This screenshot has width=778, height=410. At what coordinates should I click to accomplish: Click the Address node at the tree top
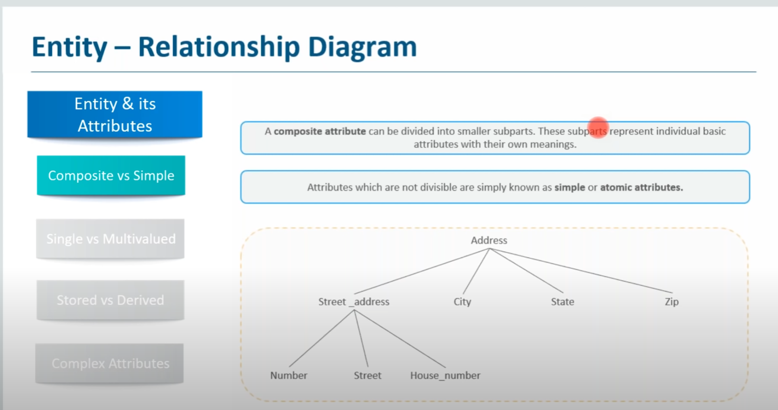(x=489, y=240)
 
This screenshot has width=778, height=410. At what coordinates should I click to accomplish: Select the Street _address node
(x=354, y=302)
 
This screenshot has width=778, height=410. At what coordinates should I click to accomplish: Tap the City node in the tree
(x=462, y=302)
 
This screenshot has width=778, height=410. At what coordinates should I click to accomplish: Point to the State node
(x=562, y=302)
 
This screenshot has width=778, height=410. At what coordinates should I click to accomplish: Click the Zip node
(x=671, y=302)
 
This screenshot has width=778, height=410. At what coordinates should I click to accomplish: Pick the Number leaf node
(x=289, y=375)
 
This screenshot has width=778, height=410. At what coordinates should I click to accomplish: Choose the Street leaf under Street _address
(x=368, y=375)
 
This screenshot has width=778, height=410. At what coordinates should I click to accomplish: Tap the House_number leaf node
(x=445, y=376)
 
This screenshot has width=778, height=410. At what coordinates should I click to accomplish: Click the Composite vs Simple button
(x=111, y=175)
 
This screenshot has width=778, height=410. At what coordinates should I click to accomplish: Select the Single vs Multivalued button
(x=110, y=239)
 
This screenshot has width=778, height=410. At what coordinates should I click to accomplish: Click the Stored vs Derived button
(x=110, y=300)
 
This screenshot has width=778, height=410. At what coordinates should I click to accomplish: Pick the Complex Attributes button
(x=110, y=363)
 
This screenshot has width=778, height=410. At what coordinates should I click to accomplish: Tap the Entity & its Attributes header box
(x=115, y=115)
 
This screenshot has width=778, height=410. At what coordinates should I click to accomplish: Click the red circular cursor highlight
(x=598, y=127)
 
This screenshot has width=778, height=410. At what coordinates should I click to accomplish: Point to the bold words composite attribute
(x=320, y=131)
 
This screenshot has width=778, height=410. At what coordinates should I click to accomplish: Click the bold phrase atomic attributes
(x=641, y=187)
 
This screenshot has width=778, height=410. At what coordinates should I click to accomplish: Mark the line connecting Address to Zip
(x=581, y=270)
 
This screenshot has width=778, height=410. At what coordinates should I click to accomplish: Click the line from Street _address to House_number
(x=400, y=338)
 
